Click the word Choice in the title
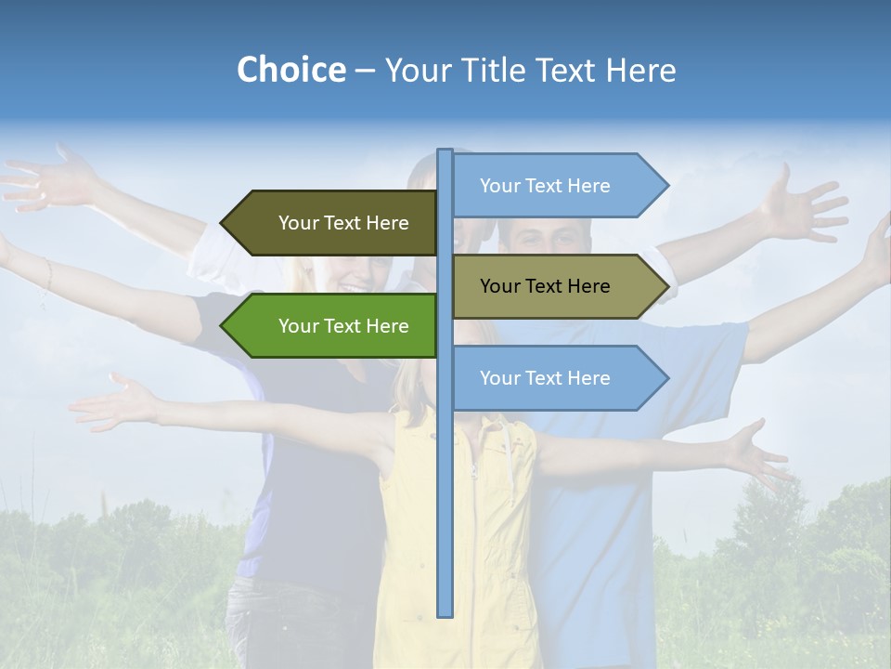tap(291, 71)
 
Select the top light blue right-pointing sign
tap(557, 186)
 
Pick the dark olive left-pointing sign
tap(334, 223)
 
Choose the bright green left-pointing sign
tap(334, 326)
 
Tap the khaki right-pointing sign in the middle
tap(557, 286)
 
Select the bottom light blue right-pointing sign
tap(557, 378)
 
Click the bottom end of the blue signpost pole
tap(445, 613)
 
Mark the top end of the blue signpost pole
tap(445, 151)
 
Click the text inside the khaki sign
tap(545, 286)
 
